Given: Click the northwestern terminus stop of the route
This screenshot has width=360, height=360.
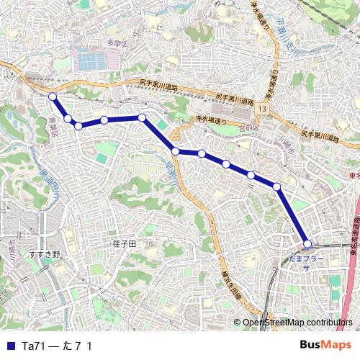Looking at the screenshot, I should (x=53, y=96).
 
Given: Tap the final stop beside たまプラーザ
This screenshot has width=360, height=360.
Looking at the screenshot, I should (x=307, y=243).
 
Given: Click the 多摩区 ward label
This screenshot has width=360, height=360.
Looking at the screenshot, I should (x=117, y=45).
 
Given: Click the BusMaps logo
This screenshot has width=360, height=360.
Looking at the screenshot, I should (x=325, y=345).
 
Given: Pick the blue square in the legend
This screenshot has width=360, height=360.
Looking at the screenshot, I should (x=9, y=346).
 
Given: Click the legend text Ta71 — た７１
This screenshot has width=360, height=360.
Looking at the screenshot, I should (x=57, y=346).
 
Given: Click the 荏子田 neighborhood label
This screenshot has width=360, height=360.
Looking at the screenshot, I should (x=124, y=245).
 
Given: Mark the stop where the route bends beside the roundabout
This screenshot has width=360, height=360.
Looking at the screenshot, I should (x=176, y=150).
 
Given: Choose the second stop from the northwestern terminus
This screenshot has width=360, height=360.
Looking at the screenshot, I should (x=68, y=118).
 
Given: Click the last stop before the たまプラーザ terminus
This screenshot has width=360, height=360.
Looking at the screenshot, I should (x=277, y=186).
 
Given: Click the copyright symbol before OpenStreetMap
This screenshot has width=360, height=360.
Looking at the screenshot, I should (x=236, y=323).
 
